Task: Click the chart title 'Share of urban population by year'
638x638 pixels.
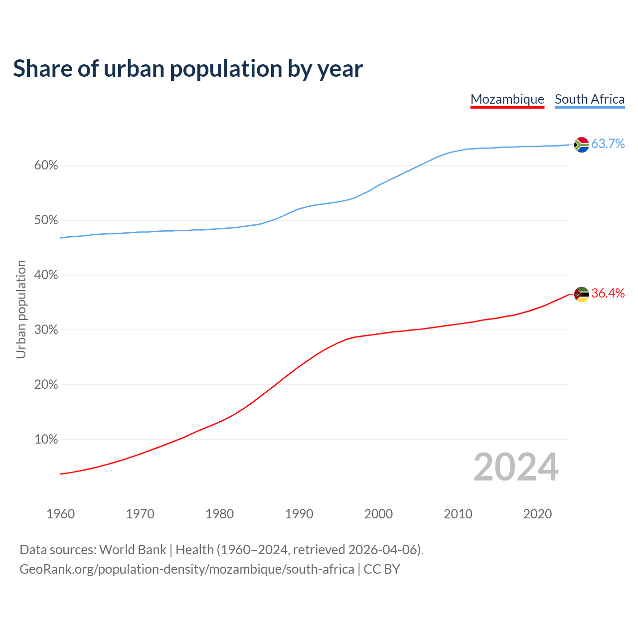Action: (188, 69)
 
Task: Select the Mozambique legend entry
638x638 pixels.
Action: (507, 99)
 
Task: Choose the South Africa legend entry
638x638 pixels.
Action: (590, 99)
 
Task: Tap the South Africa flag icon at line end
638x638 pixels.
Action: (581, 145)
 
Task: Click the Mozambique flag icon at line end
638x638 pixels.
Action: (581, 295)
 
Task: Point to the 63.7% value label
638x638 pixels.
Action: (608, 144)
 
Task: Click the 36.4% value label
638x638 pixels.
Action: (608, 294)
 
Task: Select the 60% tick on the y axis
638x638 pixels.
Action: (46, 165)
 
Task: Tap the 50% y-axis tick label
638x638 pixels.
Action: (46, 220)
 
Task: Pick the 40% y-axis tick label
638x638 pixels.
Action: (46, 275)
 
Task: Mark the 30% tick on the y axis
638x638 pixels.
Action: (46, 330)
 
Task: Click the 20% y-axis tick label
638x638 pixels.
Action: (46, 385)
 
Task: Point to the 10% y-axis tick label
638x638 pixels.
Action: (46, 440)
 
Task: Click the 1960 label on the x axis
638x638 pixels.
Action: (60, 514)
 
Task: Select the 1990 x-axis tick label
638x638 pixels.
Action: (299, 514)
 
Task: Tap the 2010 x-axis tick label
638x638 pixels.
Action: (458, 514)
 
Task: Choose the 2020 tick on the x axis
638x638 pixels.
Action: (537, 514)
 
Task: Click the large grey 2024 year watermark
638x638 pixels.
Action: (516, 467)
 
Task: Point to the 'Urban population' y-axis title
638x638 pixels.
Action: (21, 309)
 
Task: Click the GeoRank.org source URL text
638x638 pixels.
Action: (187, 569)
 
